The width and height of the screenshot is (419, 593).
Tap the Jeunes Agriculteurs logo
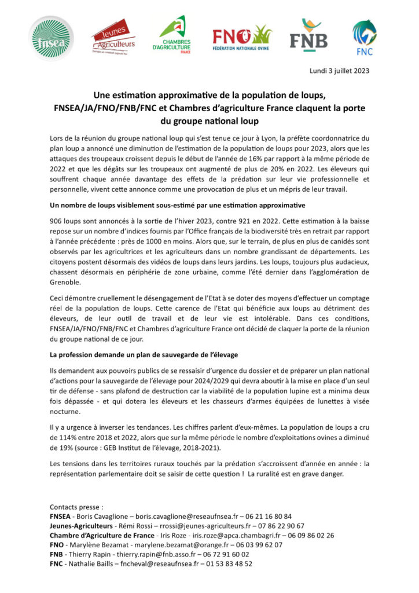pos(113,39)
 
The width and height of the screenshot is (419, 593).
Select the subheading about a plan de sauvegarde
pos(144,354)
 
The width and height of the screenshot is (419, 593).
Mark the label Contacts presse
pos(76,507)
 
